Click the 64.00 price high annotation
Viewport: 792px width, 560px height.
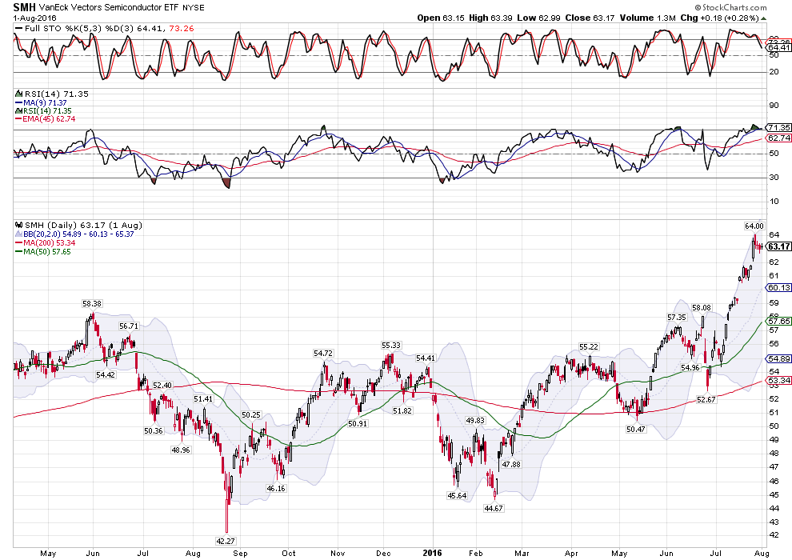click(x=754, y=226)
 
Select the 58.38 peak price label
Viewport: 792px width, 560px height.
click(x=92, y=304)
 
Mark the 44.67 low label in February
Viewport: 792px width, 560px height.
click(x=496, y=507)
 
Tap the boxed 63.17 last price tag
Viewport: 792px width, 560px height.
click(x=780, y=246)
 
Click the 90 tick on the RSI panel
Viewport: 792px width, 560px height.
click(x=773, y=105)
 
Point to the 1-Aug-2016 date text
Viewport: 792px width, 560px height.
click(x=35, y=18)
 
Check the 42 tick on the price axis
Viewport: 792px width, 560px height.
click(x=773, y=534)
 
